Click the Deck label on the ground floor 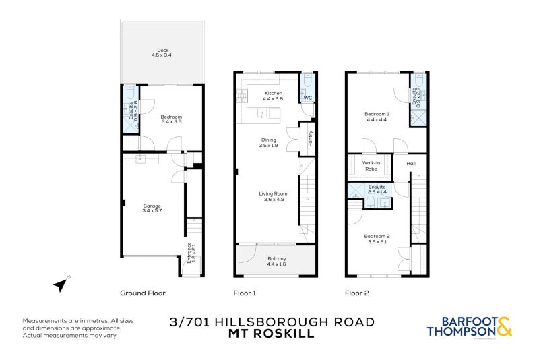[x=162, y=49]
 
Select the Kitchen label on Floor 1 [x=274, y=93]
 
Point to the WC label [x=307, y=98]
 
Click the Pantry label [x=311, y=139]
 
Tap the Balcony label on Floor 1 [x=277, y=259]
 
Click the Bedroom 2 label [x=377, y=236]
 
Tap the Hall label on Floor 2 [x=411, y=163]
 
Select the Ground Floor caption [x=143, y=293]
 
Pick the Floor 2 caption [x=357, y=293]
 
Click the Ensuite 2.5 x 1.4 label [x=377, y=189]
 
